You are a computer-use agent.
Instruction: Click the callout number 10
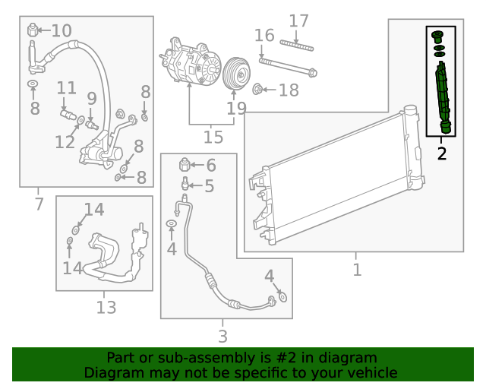62,31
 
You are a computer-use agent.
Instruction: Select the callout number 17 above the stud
298,21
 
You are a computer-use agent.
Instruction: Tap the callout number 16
264,35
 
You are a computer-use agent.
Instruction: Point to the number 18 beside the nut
289,90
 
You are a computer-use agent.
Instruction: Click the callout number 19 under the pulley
237,108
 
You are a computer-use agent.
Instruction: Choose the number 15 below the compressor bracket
213,138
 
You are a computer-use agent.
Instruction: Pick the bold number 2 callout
441,153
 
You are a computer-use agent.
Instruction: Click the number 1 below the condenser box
356,269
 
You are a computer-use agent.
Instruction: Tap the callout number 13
106,307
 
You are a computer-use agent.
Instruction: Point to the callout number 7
39,203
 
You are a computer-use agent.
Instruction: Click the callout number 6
210,165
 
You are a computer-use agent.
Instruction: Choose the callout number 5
209,185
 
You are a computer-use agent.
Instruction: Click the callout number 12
65,141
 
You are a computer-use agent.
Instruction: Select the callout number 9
92,98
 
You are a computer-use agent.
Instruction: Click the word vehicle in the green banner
368,372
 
